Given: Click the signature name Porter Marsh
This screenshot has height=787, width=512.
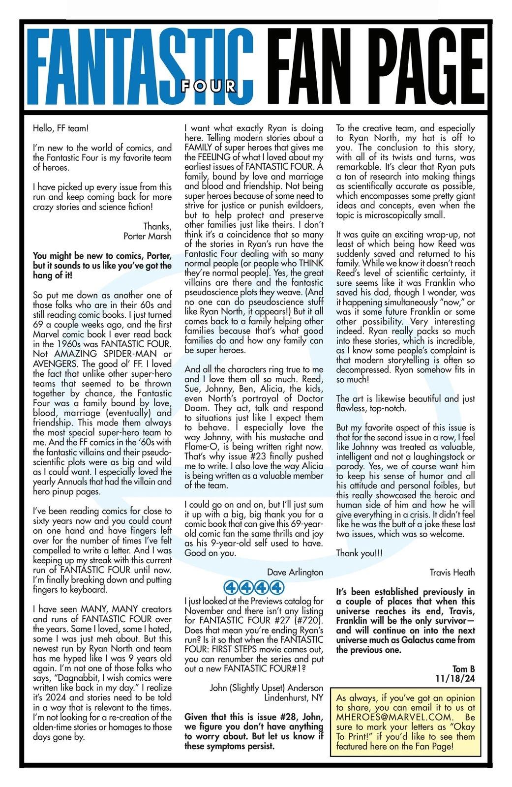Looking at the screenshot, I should point(148,236).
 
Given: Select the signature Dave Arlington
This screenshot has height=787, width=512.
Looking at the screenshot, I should point(295,572).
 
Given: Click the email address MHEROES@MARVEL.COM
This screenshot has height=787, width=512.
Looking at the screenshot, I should point(388,717).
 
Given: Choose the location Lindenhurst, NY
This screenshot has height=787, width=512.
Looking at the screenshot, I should point(294,697).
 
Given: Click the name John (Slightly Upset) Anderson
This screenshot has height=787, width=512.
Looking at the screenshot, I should point(267,688).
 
